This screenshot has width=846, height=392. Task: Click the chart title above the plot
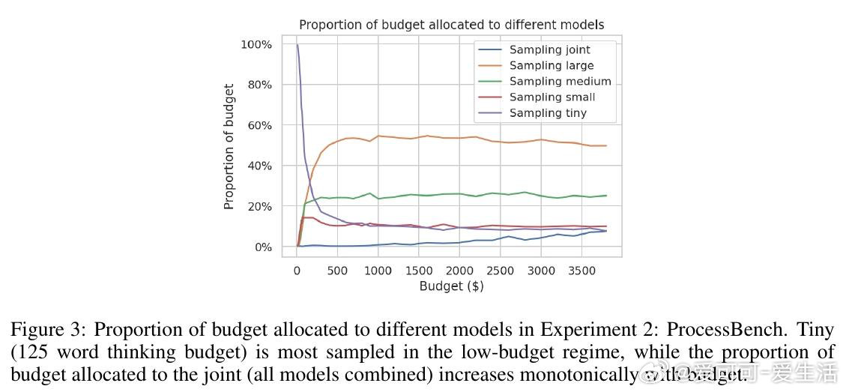point(451,25)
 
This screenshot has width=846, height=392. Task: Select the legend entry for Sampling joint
point(549,50)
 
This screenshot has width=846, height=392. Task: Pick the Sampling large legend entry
point(551,66)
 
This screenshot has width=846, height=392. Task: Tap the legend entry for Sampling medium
point(560,82)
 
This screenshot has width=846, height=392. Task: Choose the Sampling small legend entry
point(552,97)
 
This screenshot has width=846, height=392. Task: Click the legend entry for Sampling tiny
point(548,113)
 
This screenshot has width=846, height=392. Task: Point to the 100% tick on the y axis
point(256,45)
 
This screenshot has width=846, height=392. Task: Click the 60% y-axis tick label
point(259,126)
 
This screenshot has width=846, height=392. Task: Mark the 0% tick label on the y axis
point(262,247)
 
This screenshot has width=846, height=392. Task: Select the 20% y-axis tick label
point(259,207)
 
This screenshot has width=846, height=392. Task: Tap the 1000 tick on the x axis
point(378,271)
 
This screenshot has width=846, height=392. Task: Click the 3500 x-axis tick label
point(581,271)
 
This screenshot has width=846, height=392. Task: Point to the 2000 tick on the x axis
point(459,271)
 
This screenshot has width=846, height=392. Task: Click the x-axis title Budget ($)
point(451,286)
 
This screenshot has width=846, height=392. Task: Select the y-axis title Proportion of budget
point(229,147)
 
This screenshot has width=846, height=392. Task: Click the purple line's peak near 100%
point(297,45)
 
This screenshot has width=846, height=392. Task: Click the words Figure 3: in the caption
point(49,331)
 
